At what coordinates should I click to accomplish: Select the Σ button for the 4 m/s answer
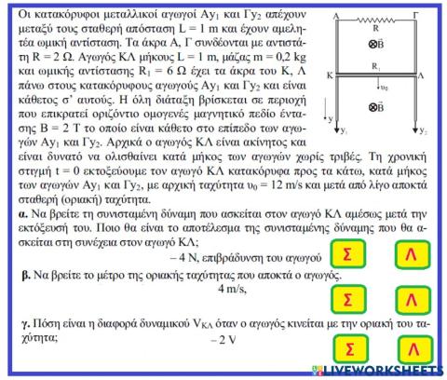pyautogui.click(x=346, y=299)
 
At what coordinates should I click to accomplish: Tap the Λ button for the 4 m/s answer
pyautogui.click(x=408, y=299)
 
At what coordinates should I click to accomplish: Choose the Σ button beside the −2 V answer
pyautogui.click(x=346, y=348)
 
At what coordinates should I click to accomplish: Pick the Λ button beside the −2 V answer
pyautogui.click(x=408, y=348)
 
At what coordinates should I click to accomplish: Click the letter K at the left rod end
pyautogui.click(x=331, y=73)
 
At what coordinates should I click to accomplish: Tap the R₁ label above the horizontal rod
pyautogui.click(x=375, y=67)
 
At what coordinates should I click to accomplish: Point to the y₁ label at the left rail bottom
pyautogui.click(x=344, y=131)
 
